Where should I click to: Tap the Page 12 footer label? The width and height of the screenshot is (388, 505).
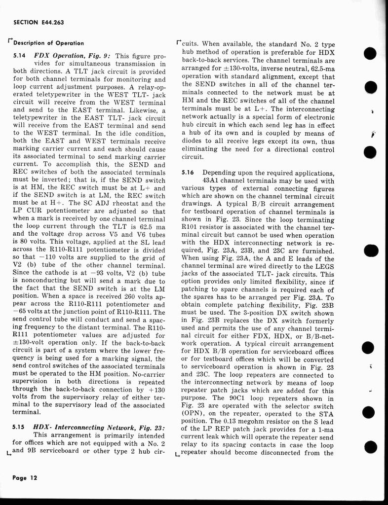point(25,478)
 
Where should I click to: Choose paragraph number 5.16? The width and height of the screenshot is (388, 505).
point(189,173)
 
